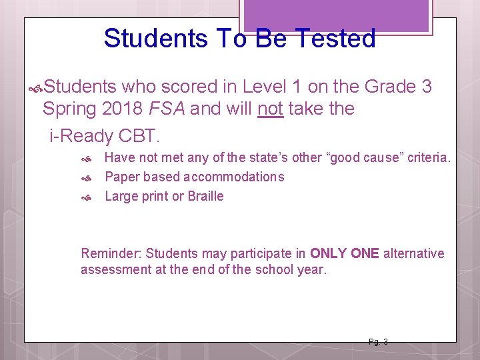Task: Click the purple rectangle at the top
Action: point(336,15)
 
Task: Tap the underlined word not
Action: point(270,109)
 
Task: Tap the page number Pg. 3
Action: point(378,342)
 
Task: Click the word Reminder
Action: point(109,253)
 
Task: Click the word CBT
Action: point(138,136)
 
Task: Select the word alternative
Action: point(413,253)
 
